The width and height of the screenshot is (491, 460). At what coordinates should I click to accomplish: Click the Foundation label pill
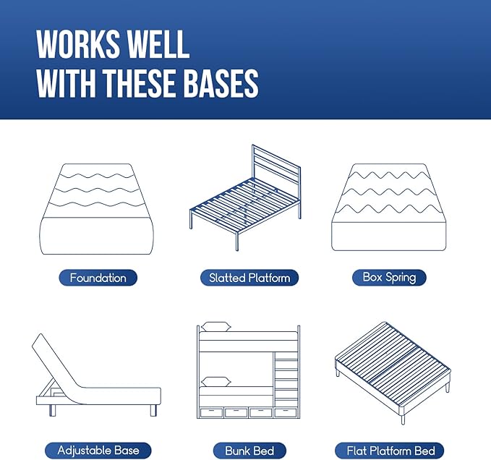98,278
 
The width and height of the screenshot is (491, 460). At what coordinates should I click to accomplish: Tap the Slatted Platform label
249,278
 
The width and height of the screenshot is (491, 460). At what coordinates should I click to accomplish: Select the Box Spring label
389,277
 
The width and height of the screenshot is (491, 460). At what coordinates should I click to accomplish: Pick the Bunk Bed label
249,451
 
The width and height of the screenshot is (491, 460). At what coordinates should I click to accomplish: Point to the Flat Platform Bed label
389,451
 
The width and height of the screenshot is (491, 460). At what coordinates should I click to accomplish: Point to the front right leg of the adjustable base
154,410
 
